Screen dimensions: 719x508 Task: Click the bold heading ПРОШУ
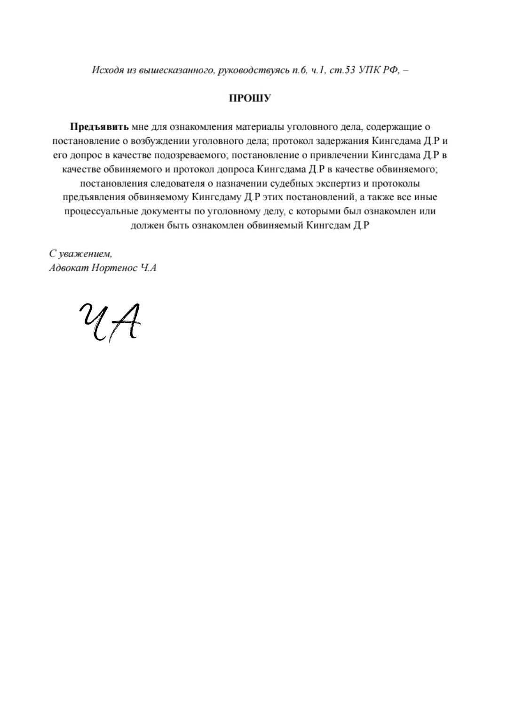pyautogui.click(x=250, y=99)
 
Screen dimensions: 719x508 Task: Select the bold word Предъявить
pyautogui.click(x=99, y=127)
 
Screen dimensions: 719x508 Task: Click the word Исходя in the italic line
pyautogui.click(x=104, y=70)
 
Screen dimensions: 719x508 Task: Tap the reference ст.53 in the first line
pyautogui.click(x=341, y=70)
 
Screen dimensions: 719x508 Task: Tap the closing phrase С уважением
pyautogui.click(x=80, y=254)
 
